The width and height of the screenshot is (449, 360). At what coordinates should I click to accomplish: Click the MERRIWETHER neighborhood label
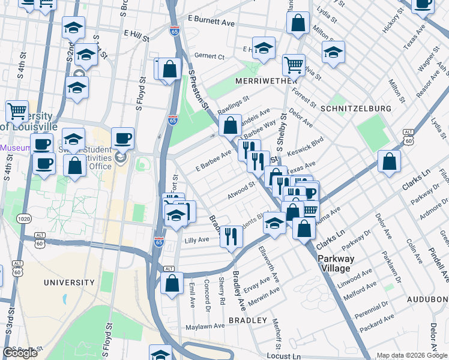pyautogui.click(x=259, y=80)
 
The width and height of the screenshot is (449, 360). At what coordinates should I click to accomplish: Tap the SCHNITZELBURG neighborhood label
pyautogui.click(x=355, y=109)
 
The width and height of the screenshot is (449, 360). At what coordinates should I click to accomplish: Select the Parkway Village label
pyautogui.click(x=336, y=263)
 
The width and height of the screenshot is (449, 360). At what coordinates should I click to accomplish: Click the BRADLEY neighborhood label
pyautogui.click(x=248, y=320)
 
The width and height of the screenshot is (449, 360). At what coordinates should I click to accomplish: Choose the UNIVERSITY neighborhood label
pyautogui.click(x=69, y=282)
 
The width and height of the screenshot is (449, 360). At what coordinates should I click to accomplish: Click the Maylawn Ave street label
pyautogui.click(x=204, y=326)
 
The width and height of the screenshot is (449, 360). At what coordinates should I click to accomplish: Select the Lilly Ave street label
pyautogui.click(x=196, y=239)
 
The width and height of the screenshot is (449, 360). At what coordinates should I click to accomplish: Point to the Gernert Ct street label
pyautogui.click(x=209, y=56)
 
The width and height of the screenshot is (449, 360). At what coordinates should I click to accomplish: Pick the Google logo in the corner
pyautogui.click(x=20, y=353)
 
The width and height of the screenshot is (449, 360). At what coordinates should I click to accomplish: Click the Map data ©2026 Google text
pyautogui.click(x=411, y=355)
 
